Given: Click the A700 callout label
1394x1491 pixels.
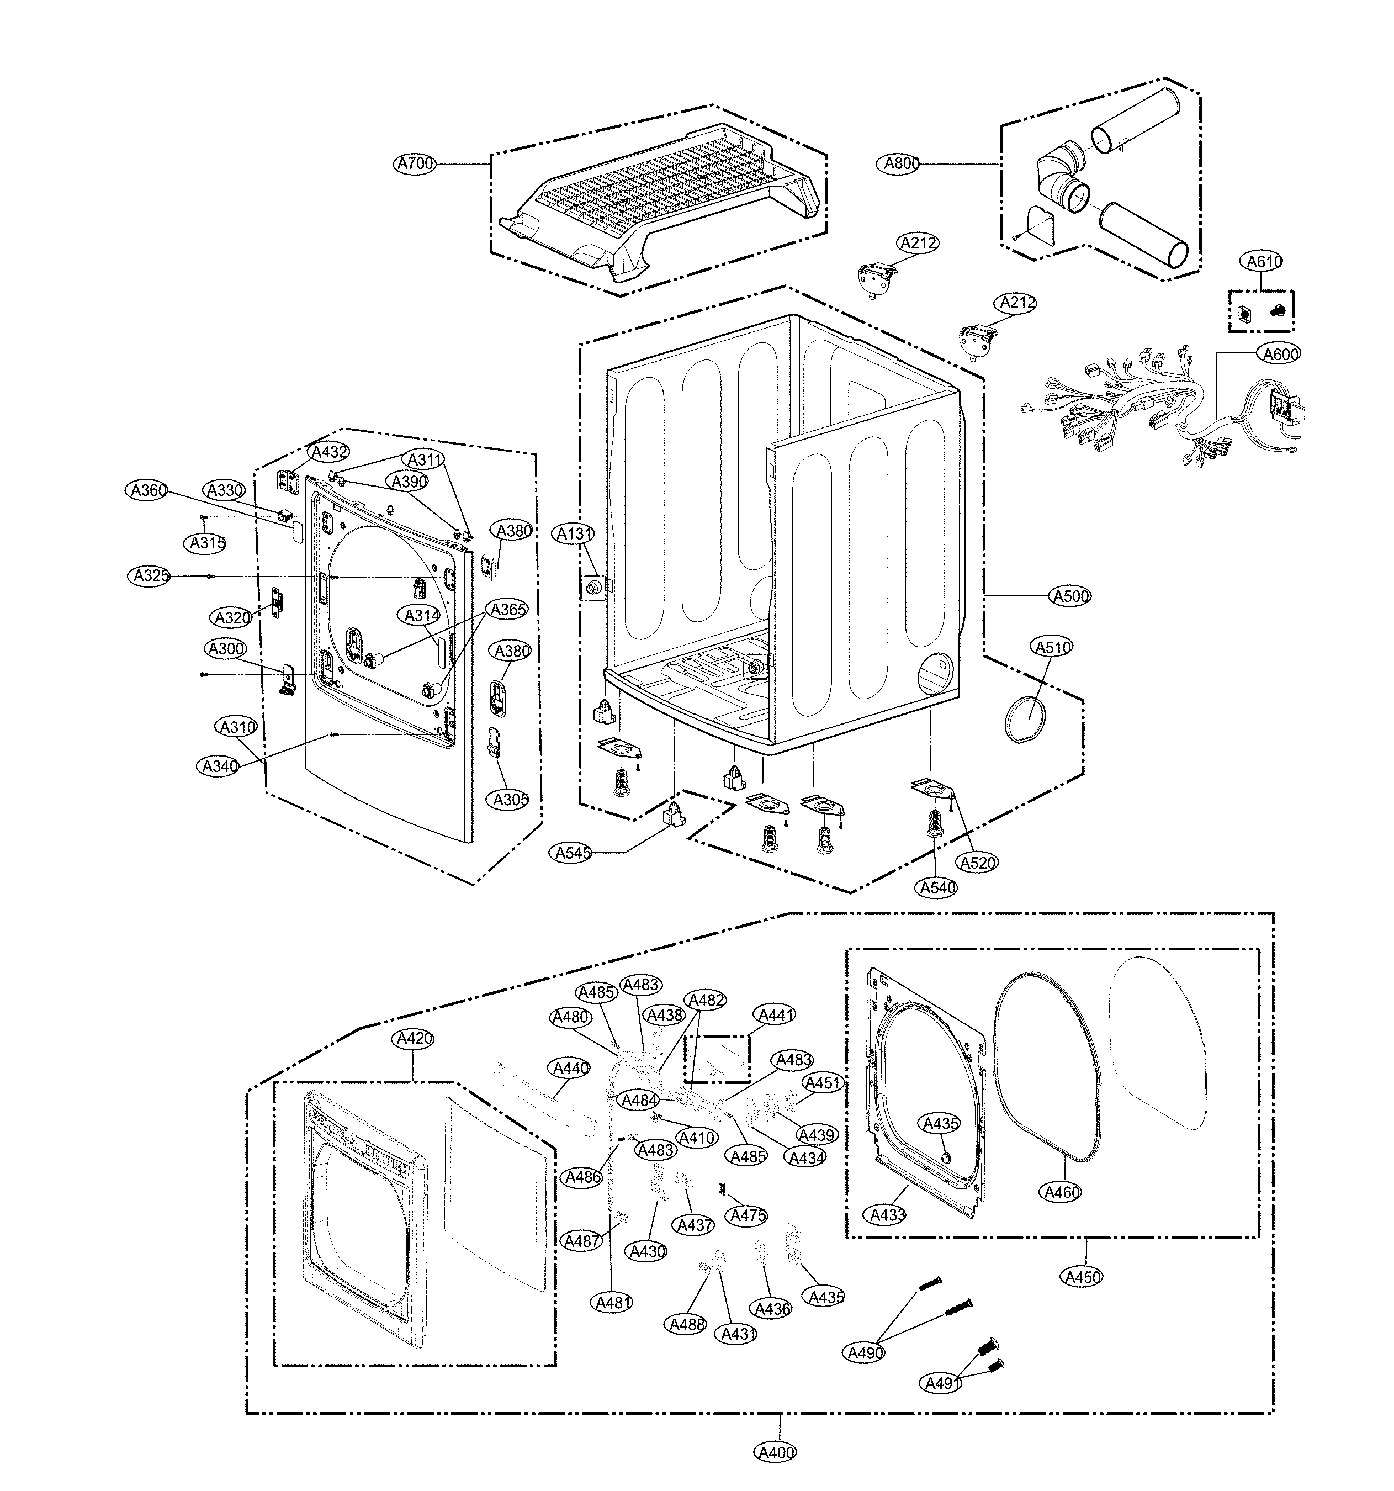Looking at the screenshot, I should tap(415, 163).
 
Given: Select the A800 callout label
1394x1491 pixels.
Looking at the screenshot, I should tap(902, 163).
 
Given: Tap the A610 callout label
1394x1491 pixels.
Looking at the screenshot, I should tap(1264, 261).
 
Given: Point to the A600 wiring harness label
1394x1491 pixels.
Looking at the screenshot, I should tap(1281, 353).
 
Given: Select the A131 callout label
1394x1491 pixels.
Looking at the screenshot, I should tap(574, 534).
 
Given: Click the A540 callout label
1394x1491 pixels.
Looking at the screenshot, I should tap(937, 887).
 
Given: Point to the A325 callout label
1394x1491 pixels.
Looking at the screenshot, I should tap(149, 576).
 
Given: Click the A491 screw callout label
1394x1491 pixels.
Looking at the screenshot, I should tap(942, 1383).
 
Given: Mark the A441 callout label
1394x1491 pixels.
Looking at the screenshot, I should tap(776, 1015).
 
